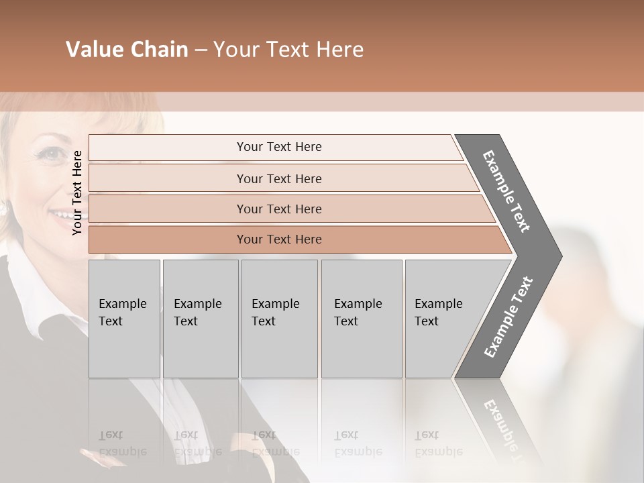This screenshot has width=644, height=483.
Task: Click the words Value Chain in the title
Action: [127, 50]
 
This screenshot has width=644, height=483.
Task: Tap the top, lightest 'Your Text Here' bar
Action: [278, 147]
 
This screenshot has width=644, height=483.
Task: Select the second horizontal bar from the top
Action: [279, 178]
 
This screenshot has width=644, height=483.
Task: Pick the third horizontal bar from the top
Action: [279, 209]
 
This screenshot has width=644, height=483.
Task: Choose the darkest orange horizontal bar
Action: [279, 239]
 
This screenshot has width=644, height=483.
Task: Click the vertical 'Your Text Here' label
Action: [78, 193]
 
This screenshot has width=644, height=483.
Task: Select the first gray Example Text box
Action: [124, 319]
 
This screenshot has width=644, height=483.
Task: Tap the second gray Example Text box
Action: [200, 319]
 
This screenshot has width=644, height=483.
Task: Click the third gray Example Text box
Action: [279, 319]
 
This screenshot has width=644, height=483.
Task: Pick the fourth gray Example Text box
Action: [361, 319]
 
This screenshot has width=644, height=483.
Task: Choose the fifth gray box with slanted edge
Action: [443, 319]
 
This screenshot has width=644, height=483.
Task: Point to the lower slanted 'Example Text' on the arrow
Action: [508, 317]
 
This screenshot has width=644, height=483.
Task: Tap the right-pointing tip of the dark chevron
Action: [558, 256]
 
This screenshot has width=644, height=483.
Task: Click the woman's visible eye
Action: [50, 155]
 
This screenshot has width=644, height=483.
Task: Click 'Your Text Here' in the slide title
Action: [288, 50]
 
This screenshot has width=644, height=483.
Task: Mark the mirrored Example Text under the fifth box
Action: [437, 443]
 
